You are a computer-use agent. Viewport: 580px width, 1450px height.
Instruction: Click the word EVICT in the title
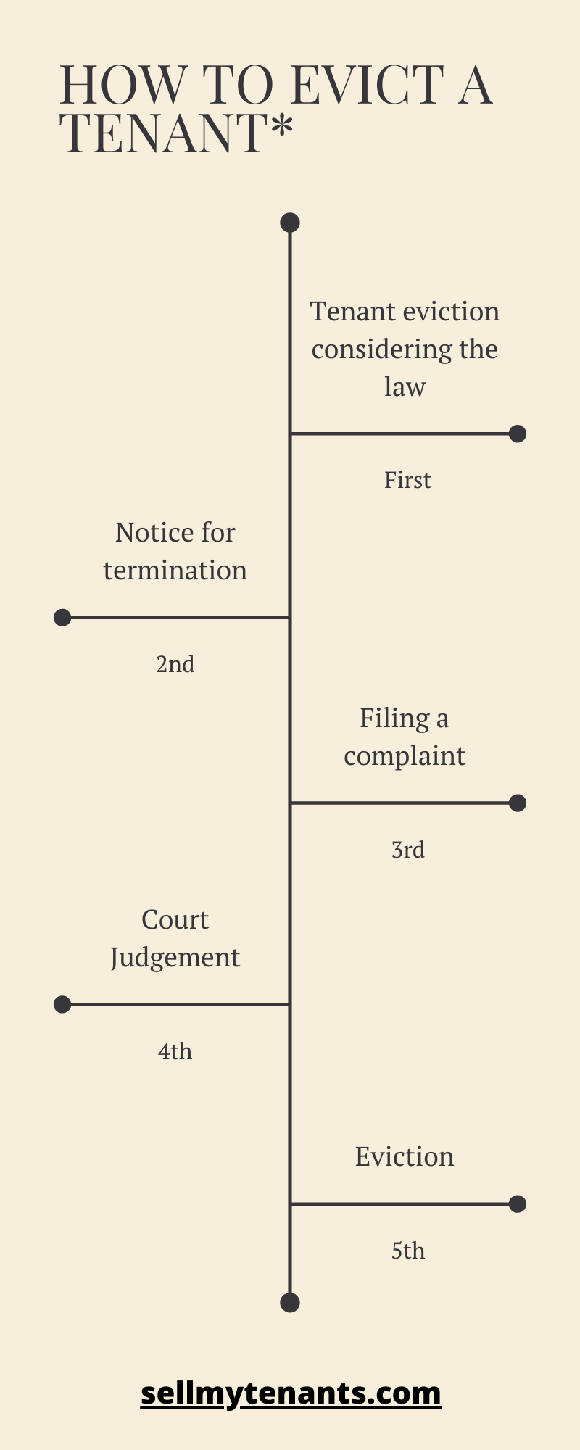click(369, 86)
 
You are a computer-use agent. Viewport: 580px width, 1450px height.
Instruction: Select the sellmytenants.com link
click(291, 1393)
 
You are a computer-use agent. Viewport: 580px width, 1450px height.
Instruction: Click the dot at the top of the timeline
click(290, 223)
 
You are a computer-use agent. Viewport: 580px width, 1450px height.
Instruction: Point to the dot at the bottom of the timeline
click(290, 1303)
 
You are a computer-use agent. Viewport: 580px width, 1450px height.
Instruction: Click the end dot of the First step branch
click(518, 434)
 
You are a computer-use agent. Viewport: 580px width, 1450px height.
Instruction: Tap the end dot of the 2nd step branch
click(62, 618)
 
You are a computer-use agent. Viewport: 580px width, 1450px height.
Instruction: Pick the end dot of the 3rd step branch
click(518, 803)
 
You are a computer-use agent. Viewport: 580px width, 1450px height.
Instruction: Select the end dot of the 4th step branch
click(62, 1004)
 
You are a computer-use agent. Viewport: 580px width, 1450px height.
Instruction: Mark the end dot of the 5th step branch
click(518, 1204)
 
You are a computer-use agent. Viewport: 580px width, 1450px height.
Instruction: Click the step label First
click(407, 480)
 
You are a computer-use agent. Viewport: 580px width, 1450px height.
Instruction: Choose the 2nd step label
click(175, 664)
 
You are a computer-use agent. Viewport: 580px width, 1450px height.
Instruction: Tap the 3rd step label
click(408, 850)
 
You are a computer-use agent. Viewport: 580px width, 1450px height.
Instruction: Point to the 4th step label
click(175, 1051)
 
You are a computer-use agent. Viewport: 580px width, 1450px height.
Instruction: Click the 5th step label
click(408, 1251)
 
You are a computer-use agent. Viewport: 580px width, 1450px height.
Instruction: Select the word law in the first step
click(405, 386)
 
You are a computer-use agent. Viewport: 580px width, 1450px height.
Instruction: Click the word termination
click(175, 571)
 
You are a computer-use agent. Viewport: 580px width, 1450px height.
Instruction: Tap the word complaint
click(405, 756)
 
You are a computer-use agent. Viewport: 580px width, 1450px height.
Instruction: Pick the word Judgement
click(175, 958)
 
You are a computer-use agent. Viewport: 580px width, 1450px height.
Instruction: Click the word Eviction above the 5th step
click(405, 1156)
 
